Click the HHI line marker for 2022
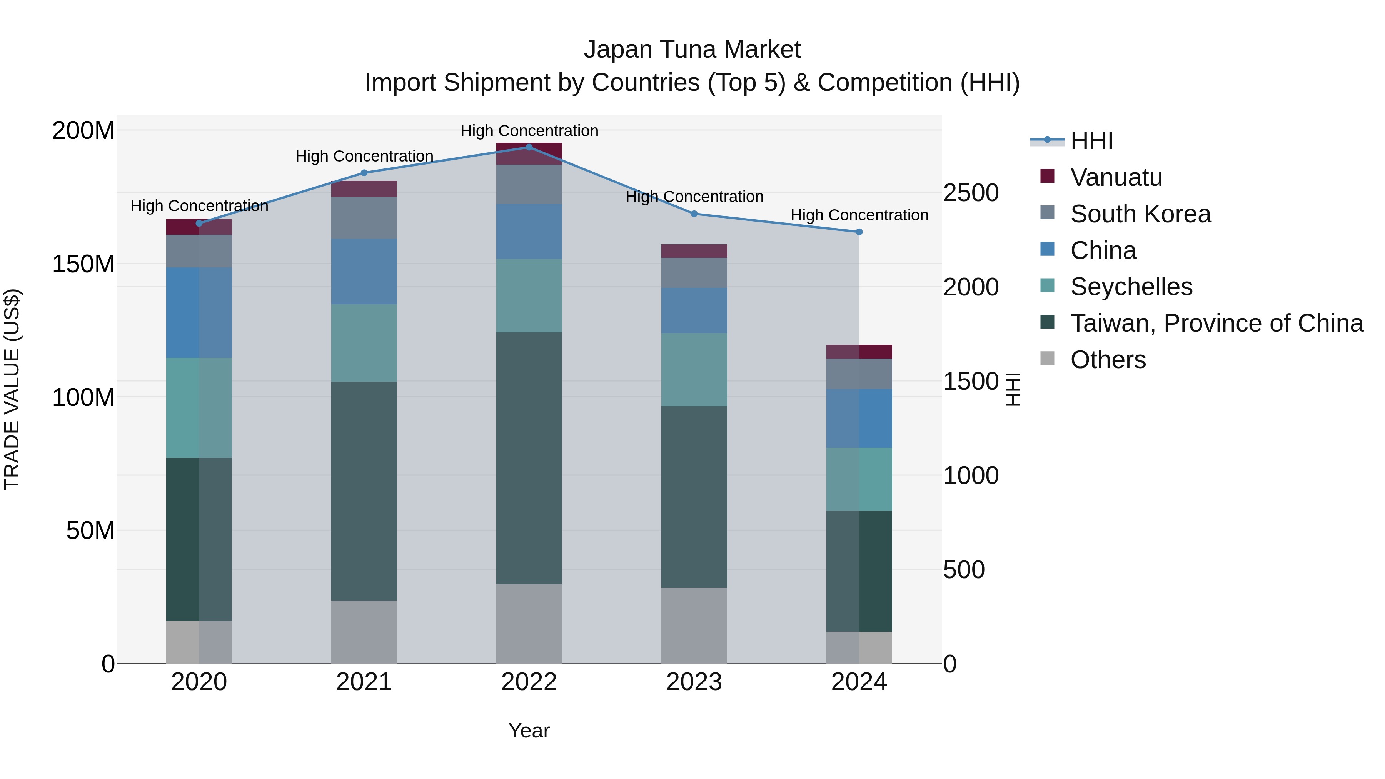click(529, 147)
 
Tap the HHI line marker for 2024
click(859, 232)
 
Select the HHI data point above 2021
click(364, 173)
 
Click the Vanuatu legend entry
click(1116, 177)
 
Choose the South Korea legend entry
click(1140, 214)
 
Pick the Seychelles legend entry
click(1131, 287)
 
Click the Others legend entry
click(1108, 360)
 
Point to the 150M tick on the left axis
click(83, 264)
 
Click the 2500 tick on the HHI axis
click(971, 193)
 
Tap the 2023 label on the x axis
click(694, 682)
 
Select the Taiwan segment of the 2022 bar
click(529, 457)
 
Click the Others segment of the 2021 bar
click(364, 632)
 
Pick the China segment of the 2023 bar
click(694, 310)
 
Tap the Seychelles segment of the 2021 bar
click(364, 343)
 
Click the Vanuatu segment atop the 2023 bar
click(694, 251)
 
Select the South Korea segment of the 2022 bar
click(529, 184)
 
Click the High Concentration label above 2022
click(529, 131)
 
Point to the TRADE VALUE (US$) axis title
click(12, 389)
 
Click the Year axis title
click(529, 731)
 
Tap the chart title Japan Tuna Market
click(692, 50)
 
